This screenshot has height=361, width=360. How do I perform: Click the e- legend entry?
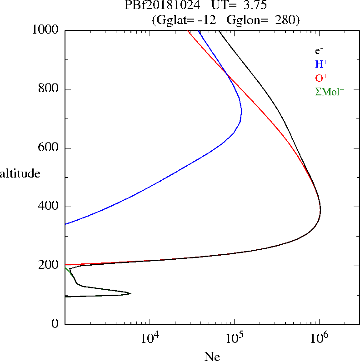point(319,50)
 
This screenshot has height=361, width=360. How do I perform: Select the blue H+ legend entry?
point(321,64)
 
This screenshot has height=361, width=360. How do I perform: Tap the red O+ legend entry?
point(321,78)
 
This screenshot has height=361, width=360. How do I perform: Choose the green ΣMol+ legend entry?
point(330,92)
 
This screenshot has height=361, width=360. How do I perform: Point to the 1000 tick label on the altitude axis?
point(45,30)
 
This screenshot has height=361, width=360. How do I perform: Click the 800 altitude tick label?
point(48,88)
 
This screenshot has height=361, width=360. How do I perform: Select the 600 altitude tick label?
point(48,147)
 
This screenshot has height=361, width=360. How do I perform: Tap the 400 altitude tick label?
point(48,206)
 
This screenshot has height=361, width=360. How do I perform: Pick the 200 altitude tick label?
point(48,265)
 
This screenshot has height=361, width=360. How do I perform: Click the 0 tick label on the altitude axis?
point(55,323)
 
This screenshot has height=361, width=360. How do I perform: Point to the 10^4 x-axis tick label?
point(150,338)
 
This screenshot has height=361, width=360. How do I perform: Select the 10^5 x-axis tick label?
point(235,338)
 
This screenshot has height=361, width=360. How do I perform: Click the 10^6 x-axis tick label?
point(319,338)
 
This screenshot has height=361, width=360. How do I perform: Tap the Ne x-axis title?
point(212,356)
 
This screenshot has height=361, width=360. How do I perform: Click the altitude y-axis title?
point(20,173)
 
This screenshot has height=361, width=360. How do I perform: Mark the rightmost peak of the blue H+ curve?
point(241,111)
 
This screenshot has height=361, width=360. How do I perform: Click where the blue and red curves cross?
point(226,74)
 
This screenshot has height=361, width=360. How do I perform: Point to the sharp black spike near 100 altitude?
point(131,293)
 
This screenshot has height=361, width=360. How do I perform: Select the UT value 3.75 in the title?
point(255,5)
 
